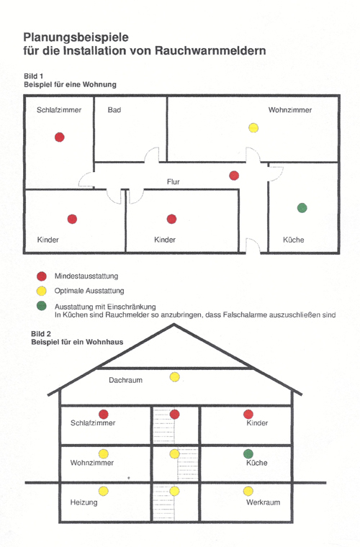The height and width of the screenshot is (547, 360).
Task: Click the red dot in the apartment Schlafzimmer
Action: coord(60,137)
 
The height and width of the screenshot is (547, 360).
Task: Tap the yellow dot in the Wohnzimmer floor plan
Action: coord(253,127)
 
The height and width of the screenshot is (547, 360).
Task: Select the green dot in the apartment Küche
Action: coord(302,208)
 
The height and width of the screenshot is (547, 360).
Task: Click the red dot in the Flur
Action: coord(234,176)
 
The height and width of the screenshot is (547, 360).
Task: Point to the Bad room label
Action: coord(114,110)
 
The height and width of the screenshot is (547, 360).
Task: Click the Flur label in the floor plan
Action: coord(174,182)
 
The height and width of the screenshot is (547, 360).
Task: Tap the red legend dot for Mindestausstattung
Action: coord(42,276)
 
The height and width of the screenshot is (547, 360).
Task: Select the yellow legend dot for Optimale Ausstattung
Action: coord(42,291)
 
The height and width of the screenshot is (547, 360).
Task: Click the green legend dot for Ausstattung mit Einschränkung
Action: coord(42,306)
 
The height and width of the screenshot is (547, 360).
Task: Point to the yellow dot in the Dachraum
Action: coord(175,376)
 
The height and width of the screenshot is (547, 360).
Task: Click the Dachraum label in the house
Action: coord(125,380)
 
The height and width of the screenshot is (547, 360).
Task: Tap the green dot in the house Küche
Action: coord(248,454)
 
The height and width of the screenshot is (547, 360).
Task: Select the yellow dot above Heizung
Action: coord(103,491)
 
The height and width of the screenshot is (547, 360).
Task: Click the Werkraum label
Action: coord(263,502)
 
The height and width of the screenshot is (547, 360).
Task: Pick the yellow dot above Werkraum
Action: coord(248,491)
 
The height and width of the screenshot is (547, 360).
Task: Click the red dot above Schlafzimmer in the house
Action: coord(103,414)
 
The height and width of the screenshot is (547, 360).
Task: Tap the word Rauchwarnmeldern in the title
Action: coord(210,50)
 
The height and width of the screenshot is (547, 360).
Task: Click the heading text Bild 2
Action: coord(41,333)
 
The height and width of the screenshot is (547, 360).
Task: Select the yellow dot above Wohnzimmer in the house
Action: coord(103,454)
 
